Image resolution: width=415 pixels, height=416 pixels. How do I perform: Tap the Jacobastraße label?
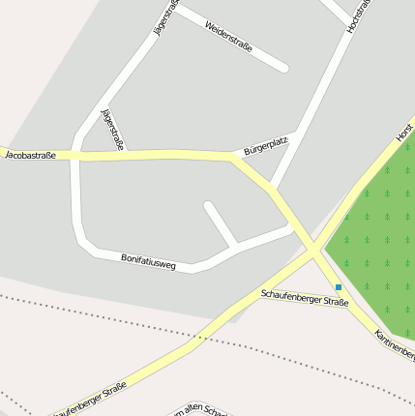point(30,155)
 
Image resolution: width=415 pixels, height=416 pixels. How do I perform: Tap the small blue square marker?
point(339,287)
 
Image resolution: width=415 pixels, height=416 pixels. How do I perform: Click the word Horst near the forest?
point(404,133)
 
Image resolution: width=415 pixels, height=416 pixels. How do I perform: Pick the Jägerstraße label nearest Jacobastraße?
point(112,130)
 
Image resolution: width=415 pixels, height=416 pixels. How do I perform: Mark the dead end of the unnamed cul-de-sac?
point(209,205)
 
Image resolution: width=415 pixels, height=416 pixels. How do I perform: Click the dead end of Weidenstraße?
point(283,68)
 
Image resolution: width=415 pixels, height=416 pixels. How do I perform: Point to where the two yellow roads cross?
point(313,250)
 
